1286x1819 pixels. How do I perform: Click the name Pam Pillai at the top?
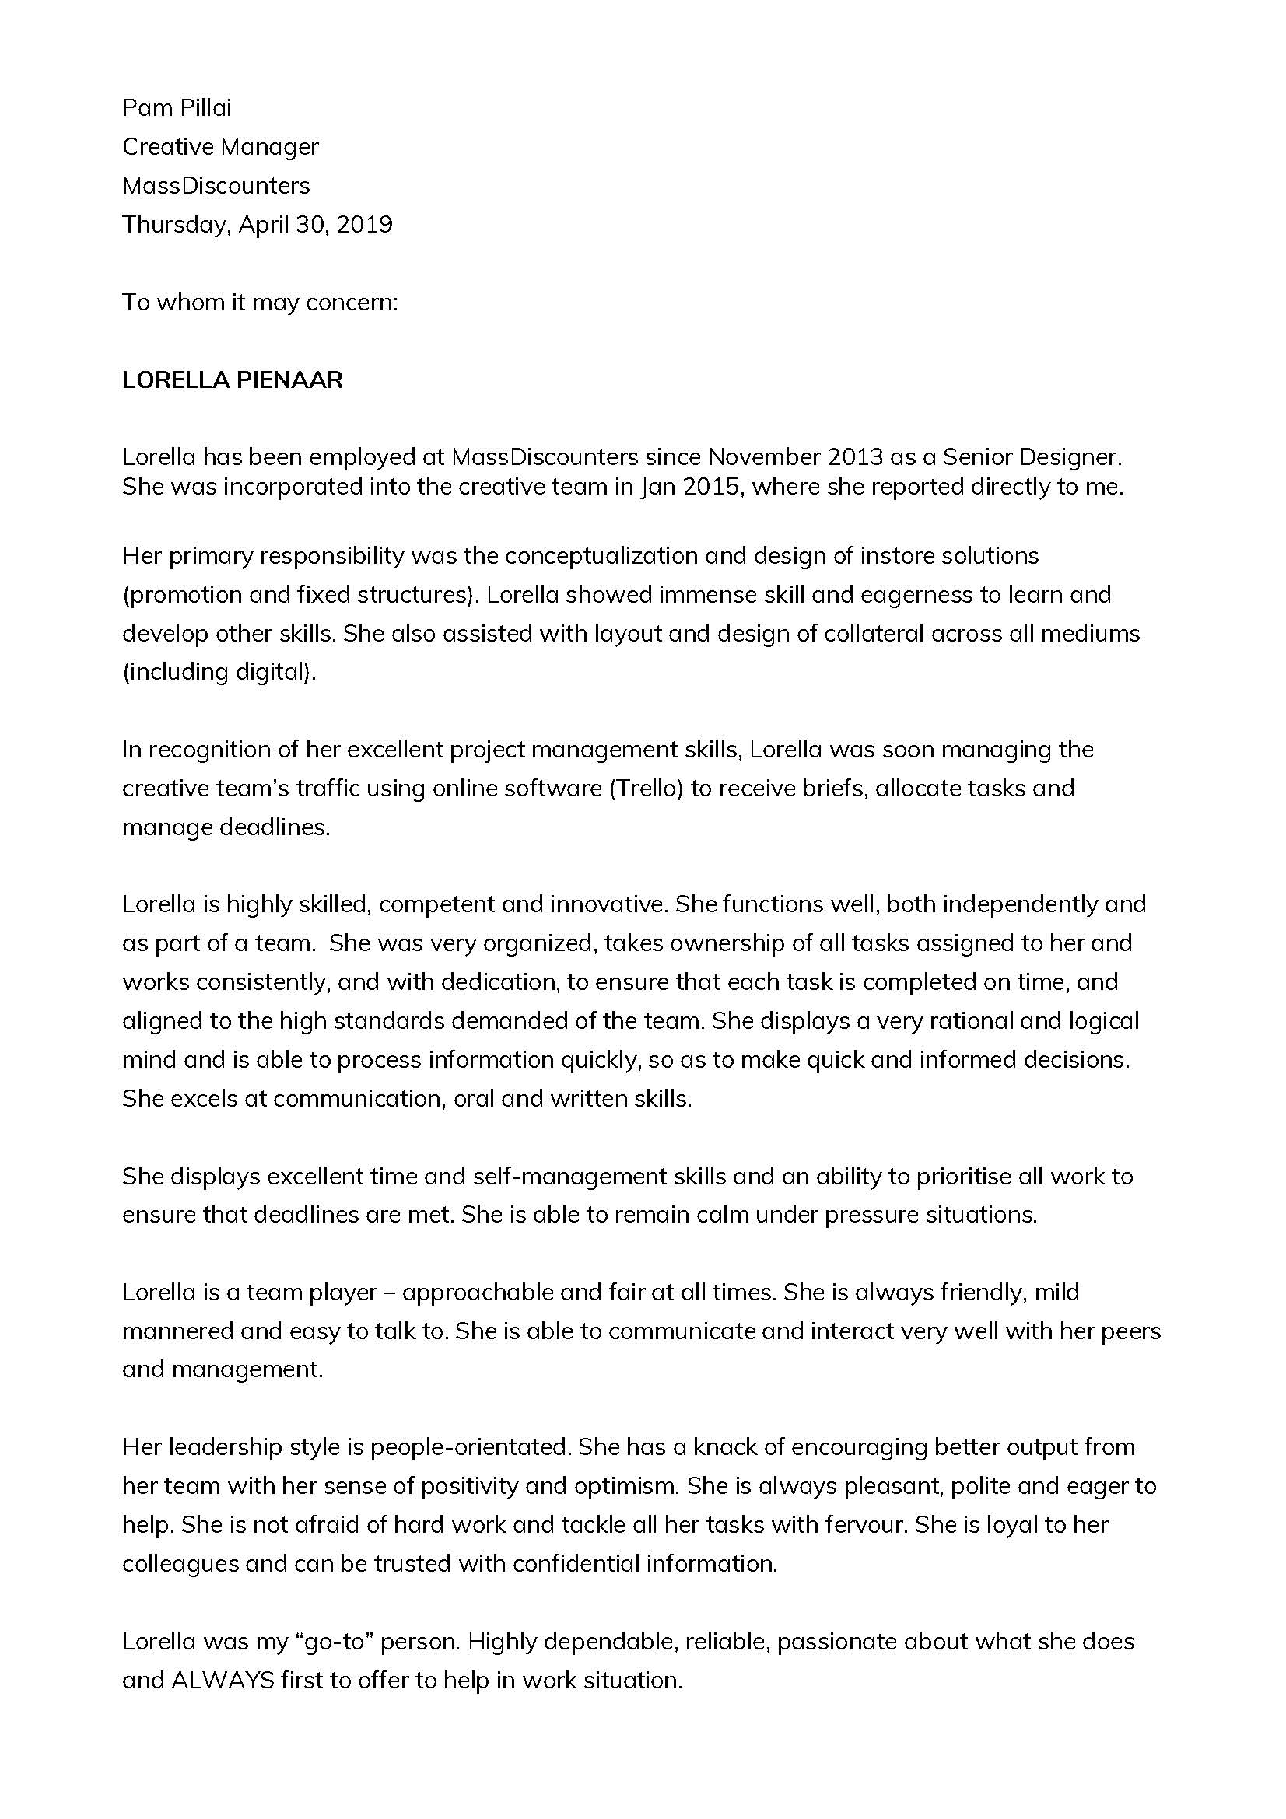177,108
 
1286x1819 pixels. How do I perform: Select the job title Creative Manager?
220,146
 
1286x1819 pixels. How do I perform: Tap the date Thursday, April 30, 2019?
257,225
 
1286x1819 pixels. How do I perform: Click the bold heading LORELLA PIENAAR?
232,380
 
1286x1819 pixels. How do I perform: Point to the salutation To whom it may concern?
259,303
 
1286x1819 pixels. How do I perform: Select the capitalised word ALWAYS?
223,1681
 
